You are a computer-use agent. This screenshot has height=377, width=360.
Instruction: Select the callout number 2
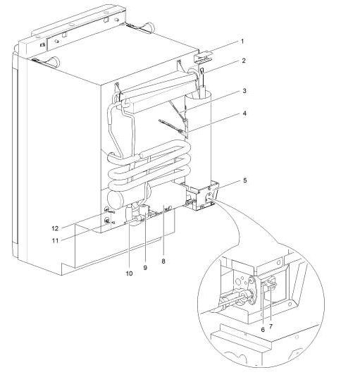point(242,61)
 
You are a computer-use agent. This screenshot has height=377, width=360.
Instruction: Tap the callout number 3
point(242,91)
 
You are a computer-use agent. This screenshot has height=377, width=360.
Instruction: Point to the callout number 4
point(242,113)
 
